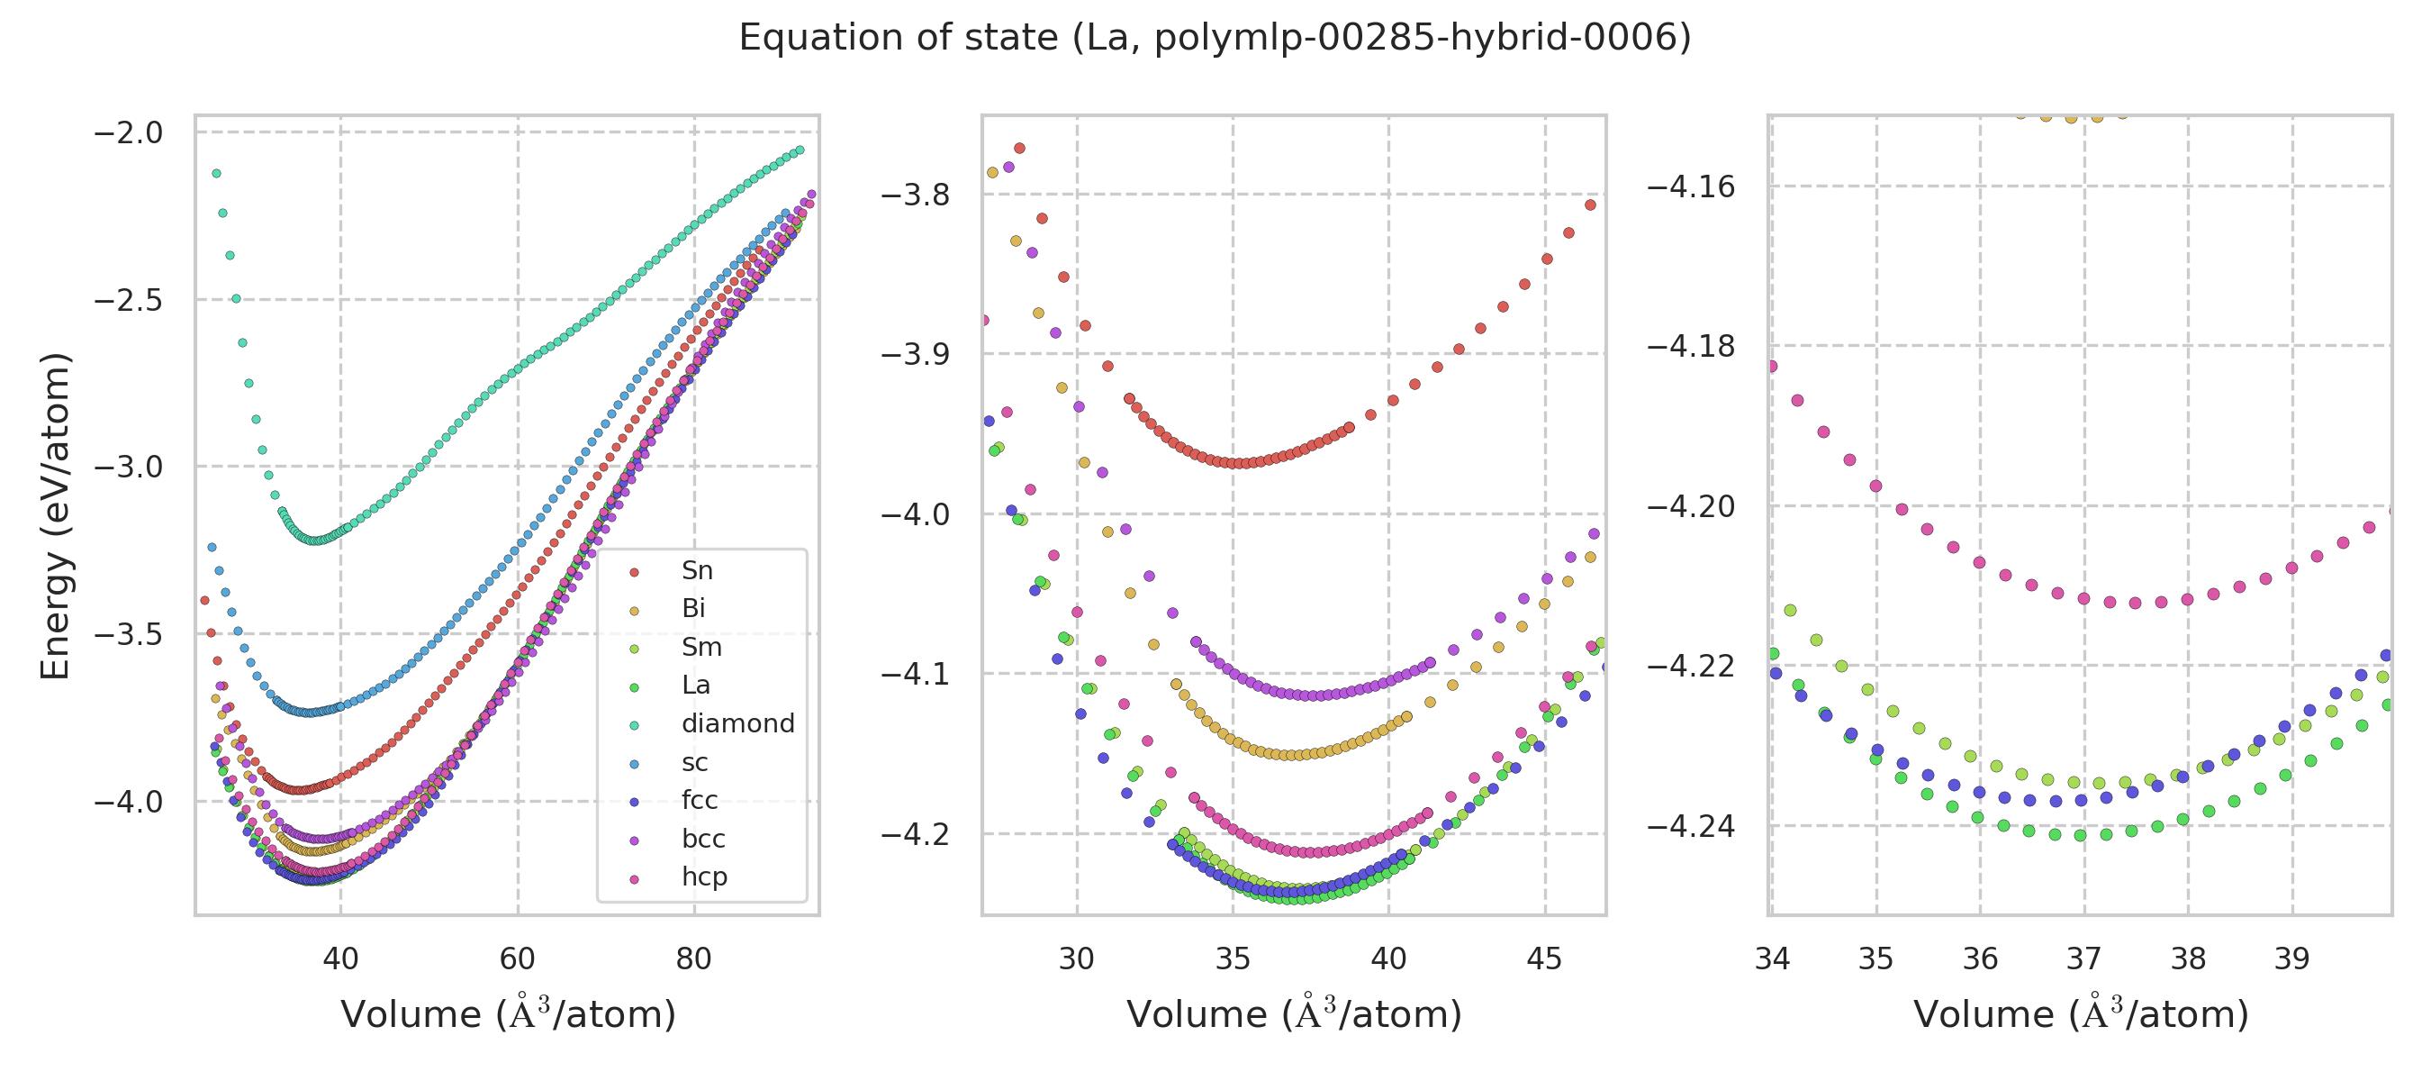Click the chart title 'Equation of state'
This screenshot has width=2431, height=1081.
(1215, 38)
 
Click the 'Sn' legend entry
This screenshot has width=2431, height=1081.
(697, 571)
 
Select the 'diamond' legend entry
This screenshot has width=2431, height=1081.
(737, 724)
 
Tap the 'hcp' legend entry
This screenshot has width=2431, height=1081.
(704, 877)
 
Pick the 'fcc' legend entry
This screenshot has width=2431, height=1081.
(700, 801)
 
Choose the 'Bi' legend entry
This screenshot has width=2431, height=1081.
(693, 609)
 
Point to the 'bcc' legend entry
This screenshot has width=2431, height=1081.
(703, 840)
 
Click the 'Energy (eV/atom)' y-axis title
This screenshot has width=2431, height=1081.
(55, 515)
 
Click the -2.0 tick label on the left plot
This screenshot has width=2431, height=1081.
(129, 133)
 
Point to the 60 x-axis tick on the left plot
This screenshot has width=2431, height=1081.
(517, 958)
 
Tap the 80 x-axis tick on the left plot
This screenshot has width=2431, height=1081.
(693, 958)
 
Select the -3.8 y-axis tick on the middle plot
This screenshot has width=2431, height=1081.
(915, 195)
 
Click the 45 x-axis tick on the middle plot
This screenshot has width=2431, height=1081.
(1545, 958)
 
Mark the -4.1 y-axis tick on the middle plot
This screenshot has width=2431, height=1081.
(915, 674)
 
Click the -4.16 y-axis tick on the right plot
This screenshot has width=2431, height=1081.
(1690, 187)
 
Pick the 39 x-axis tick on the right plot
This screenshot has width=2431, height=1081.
(2291, 958)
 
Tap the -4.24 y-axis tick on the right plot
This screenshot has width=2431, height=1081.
(1690, 827)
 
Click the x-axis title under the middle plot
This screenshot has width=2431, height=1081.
(1294, 1015)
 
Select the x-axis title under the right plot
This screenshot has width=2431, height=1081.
(2081, 1015)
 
